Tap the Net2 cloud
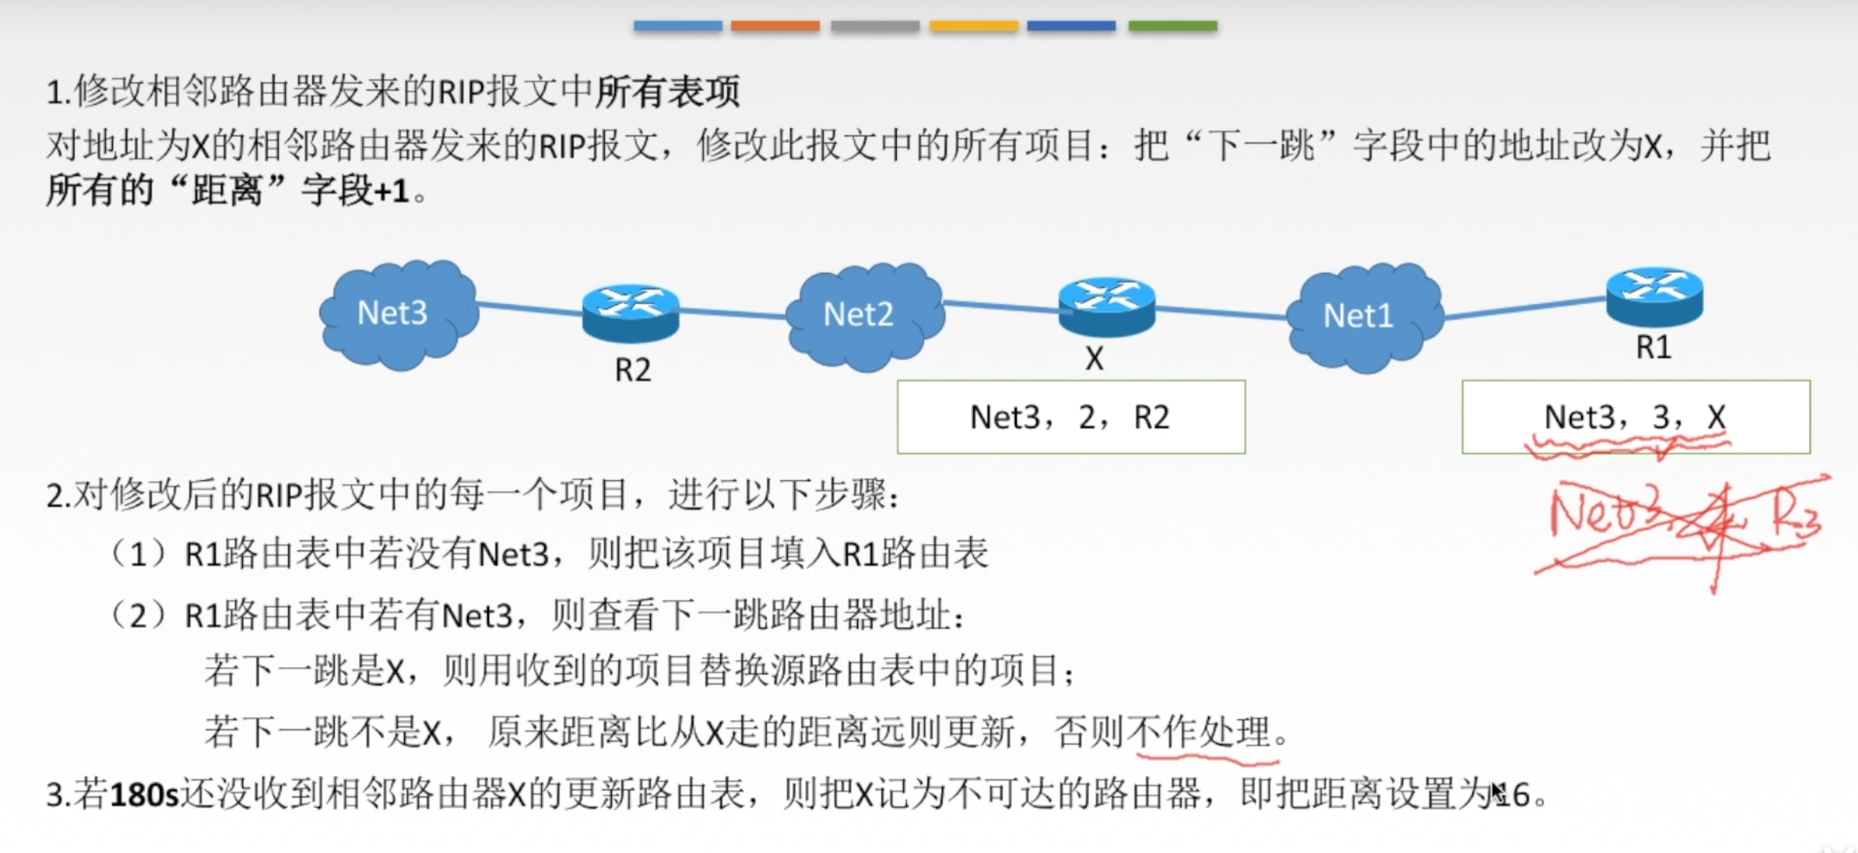tap(864, 316)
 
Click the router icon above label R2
tap(630, 313)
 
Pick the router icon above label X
tap(1107, 306)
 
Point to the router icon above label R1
tap(1654, 296)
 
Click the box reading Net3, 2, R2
tap(1071, 417)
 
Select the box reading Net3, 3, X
tap(1635, 417)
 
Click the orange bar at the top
tap(775, 26)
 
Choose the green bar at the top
tap(1172, 26)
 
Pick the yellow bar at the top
tap(974, 26)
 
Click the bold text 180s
tap(144, 795)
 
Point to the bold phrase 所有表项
tap(668, 91)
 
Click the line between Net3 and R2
tap(530, 308)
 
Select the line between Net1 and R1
tap(1524, 307)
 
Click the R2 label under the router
tap(633, 370)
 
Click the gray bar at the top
tap(875, 26)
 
